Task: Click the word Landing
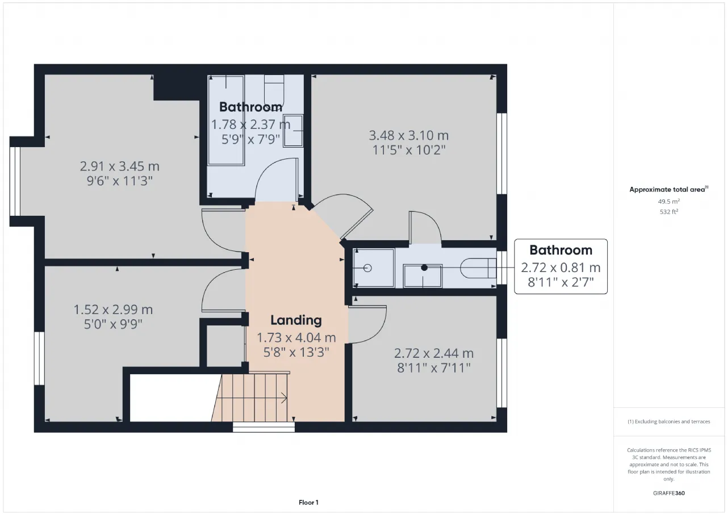296,320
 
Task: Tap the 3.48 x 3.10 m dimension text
408,135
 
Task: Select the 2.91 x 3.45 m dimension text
119,166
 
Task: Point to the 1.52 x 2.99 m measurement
113,310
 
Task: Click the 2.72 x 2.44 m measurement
433,353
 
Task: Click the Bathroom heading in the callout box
561,250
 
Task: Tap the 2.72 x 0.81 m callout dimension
561,268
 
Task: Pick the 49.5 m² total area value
668,202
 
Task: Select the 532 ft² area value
668,212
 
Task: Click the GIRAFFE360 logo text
668,493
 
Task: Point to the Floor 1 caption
308,502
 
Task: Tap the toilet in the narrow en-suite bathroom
478,268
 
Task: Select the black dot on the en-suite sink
424,268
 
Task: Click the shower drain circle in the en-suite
367,268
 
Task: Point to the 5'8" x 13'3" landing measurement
296,352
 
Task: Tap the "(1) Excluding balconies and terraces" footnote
668,421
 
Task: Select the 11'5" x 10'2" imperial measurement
408,151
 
